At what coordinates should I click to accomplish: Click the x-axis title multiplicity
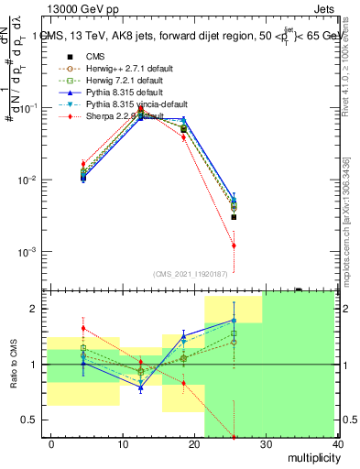[x=311, y=457]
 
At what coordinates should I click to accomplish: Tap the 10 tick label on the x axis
[x=123, y=444]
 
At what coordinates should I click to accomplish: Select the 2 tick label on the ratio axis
[x=38, y=309]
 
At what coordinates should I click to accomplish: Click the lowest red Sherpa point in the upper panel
[x=234, y=245]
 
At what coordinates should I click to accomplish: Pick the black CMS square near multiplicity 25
[x=234, y=217]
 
